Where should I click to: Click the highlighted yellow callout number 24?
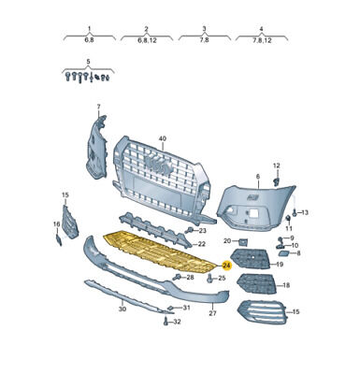pyautogui.click(x=226, y=266)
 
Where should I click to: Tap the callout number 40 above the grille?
pyautogui.click(x=163, y=138)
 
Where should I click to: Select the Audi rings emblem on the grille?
pyautogui.click(x=159, y=165)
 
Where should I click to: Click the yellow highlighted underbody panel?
pyautogui.click(x=160, y=251)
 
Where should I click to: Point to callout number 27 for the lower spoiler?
pyautogui.click(x=212, y=313)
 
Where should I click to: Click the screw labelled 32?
pyautogui.click(x=166, y=321)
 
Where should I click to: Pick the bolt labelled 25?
pyautogui.click(x=210, y=278)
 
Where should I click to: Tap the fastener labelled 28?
pyautogui.click(x=178, y=277)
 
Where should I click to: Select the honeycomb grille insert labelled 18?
pyautogui.click(x=256, y=283)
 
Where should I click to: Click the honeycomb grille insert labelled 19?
pyautogui.click(x=252, y=258)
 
